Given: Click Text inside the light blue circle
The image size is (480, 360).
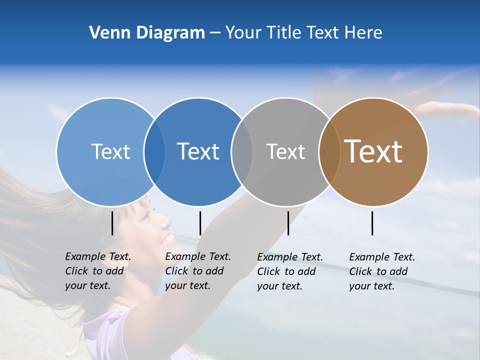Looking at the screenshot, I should coord(110,151).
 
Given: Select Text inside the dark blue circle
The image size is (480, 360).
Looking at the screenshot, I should coord(198,151).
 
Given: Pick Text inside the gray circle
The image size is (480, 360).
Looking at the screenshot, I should coord(285,151).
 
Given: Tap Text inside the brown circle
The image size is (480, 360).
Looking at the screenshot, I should coord(373,151).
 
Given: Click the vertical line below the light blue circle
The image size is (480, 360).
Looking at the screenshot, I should coord(112,223).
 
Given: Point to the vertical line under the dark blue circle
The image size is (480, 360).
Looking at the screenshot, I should coord(200,223).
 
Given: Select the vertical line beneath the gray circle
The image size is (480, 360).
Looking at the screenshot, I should coord(288,223).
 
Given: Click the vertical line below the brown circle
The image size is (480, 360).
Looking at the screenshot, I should coord(372,223).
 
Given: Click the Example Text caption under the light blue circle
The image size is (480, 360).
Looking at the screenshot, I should coord(97,271).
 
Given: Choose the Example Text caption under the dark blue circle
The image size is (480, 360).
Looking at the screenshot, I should coord(197,271).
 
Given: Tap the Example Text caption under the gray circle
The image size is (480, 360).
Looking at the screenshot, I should coord(289,271).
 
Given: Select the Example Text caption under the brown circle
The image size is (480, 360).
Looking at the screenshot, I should coord(381,271).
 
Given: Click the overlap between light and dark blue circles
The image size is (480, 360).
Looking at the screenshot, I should coord(154,151).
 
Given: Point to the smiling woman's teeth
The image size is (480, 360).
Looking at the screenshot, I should coord(169,239).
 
